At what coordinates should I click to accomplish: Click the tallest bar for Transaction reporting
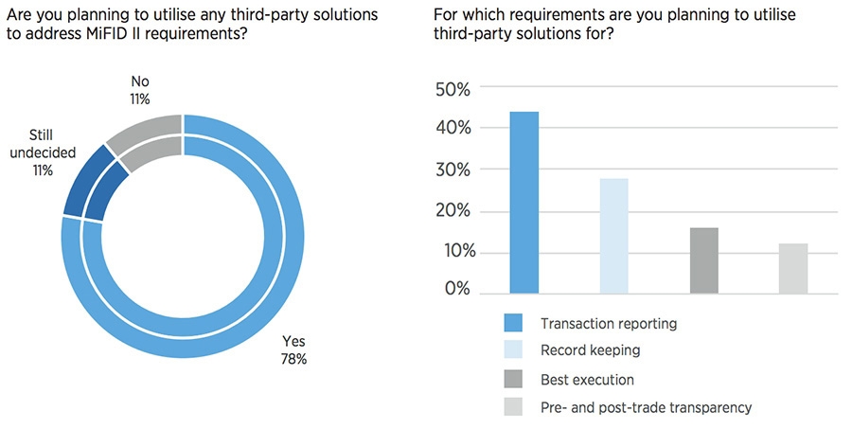coord(524,202)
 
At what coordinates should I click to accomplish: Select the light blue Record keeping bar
coord(613,235)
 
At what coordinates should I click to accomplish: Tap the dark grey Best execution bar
coord(703,259)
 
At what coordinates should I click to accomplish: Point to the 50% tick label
coord(451,88)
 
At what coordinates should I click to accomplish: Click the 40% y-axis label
coord(451,129)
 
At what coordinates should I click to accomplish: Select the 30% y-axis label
coord(451,170)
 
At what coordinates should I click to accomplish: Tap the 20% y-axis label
coord(451,211)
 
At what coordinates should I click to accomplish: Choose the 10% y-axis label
coord(451,253)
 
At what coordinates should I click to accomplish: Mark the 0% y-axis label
coord(455,288)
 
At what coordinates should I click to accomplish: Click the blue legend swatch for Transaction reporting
coord(515,324)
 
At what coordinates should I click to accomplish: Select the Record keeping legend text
coord(590,350)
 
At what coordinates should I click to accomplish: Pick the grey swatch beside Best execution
coord(515,381)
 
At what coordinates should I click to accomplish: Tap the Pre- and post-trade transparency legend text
coord(646,407)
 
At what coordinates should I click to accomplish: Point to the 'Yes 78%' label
coord(294,349)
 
